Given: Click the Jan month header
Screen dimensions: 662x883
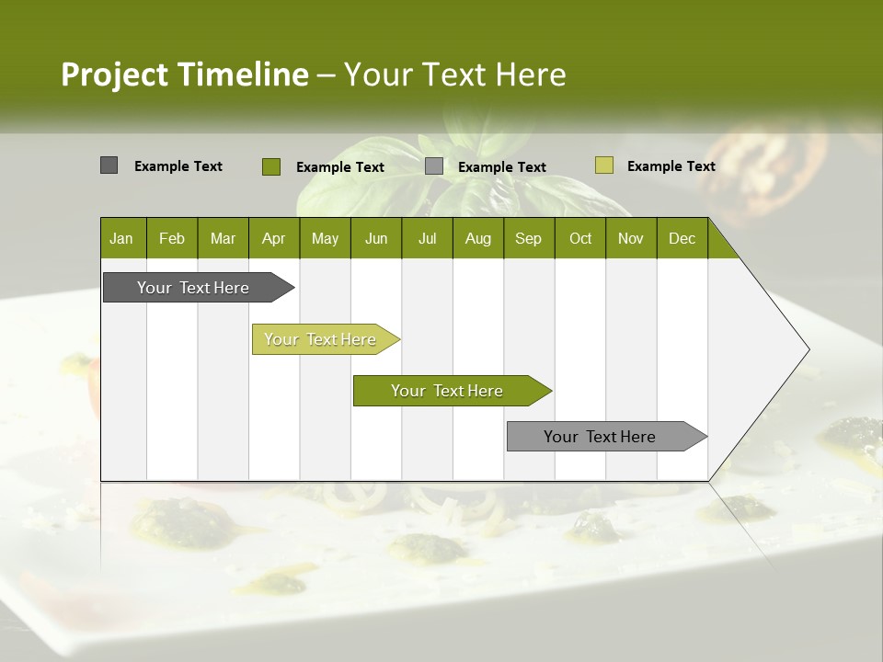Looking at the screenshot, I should click(121, 238).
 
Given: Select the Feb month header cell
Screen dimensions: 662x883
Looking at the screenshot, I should click(172, 238).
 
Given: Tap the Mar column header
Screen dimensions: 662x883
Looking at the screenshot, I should click(223, 238).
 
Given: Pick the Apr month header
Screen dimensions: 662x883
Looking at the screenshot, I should click(273, 238).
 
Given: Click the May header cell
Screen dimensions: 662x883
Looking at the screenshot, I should click(325, 238).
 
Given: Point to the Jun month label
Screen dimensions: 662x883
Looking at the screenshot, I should click(376, 238).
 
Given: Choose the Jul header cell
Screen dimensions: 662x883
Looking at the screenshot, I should click(427, 238).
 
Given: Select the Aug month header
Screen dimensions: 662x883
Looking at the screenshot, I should click(477, 238).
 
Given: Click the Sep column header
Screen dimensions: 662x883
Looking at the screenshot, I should click(528, 238).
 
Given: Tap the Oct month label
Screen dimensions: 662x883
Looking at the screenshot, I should click(580, 238).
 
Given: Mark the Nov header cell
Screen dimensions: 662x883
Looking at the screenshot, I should click(631, 238).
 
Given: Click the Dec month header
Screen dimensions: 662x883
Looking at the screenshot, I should click(682, 238).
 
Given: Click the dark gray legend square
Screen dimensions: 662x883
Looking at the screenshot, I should click(109, 165).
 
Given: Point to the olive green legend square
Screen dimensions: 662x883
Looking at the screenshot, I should click(270, 166).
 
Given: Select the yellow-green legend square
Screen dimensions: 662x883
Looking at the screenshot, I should click(603, 165).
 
